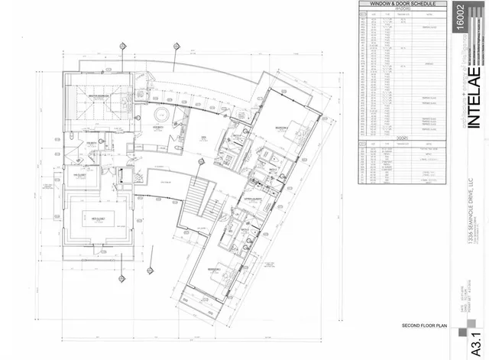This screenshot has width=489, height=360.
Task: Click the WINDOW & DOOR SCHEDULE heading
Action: (402, 4)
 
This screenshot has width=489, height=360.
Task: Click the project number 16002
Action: (459, 17)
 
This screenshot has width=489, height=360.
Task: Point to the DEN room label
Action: (204, 138)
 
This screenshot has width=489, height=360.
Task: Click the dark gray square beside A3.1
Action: (459, 339)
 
